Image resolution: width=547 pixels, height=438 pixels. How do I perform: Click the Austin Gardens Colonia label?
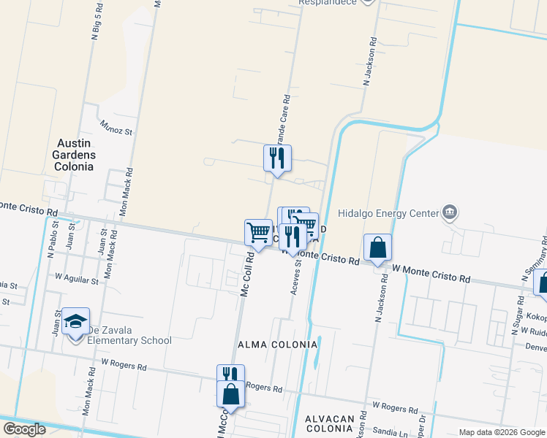[73, 155]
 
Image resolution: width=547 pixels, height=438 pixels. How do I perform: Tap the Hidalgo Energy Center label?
[388, 214]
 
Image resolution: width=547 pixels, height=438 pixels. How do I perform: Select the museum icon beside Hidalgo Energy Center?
[449, 213]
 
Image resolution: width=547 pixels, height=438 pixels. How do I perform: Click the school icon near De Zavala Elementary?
[75, 322]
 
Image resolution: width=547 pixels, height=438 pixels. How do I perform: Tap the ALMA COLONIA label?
[277, 344]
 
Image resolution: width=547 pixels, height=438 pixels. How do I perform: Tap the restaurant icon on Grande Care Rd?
[277, 158]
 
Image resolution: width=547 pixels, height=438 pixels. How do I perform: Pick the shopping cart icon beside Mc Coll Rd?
[258, 232]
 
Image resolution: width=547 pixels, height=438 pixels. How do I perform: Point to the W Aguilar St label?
[76, 279]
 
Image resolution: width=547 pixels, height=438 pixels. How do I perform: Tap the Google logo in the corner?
[24, 429]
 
